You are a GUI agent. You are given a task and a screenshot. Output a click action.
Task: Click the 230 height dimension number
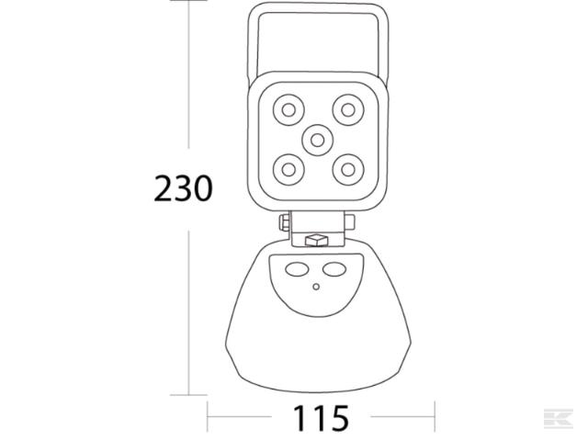183,188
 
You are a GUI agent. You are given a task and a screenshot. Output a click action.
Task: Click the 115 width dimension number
322,418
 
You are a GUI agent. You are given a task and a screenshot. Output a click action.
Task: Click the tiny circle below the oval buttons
316,287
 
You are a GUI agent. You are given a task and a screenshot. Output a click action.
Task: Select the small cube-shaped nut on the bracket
317,240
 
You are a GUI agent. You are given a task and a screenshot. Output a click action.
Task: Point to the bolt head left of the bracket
284,224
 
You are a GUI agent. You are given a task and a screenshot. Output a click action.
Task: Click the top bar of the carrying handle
317,8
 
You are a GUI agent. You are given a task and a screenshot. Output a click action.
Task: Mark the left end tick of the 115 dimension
208,418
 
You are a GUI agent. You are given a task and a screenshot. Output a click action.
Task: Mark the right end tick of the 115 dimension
435,418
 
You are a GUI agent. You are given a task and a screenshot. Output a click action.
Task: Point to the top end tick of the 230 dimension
189,3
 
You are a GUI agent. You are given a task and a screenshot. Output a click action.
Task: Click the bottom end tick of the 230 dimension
189,395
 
